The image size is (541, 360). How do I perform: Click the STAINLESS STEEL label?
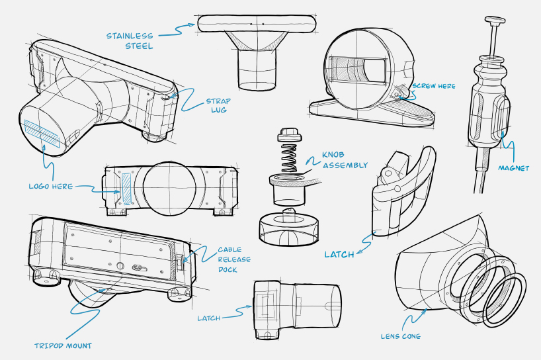(x=129, y=40)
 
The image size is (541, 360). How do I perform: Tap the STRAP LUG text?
(x=217, y=105)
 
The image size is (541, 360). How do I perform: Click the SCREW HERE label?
(x=433, y=86)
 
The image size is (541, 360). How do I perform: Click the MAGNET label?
(x=514, y=168)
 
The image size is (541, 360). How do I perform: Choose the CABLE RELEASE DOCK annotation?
(x=234, y=259)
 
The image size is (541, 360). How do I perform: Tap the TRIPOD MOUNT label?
(x=63, y=345)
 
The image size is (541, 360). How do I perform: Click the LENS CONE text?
(x=400, y=336)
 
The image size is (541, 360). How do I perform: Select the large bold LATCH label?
(x=339, y=254)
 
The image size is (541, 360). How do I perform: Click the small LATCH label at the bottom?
(x=208, y=318)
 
